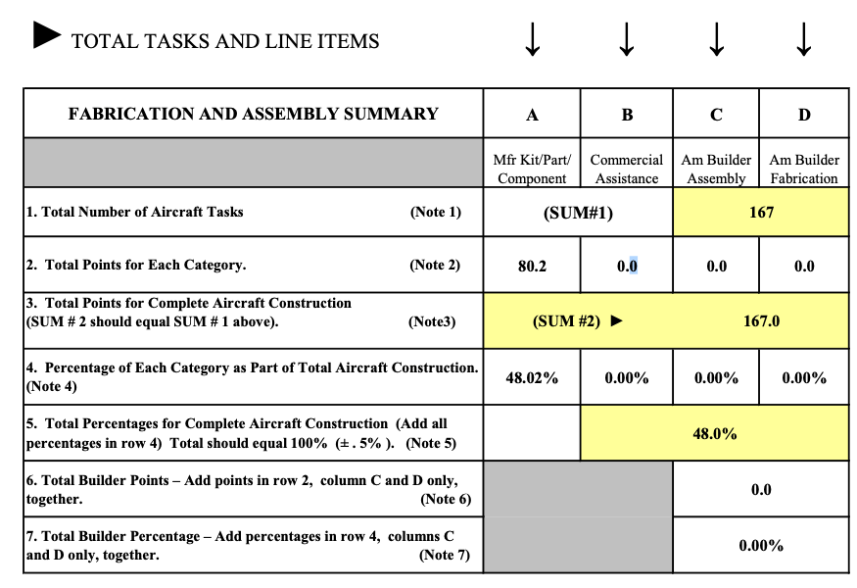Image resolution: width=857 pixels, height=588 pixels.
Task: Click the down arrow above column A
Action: click(x=532, y=38)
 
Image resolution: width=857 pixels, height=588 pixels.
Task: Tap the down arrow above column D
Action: click(x=803, y=38)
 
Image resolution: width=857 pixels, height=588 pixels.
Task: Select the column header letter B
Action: click(x=627, y=115)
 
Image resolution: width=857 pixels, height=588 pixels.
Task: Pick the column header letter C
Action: click(x=716, y=115)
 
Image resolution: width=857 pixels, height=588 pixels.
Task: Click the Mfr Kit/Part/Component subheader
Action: click(x=532, y=169)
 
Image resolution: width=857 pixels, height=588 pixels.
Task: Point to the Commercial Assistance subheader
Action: click(x=627, y=169)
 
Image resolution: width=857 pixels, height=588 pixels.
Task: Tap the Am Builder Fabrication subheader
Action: click(x=803, y=169)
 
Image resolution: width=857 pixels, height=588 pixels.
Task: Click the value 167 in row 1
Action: click(x=761, y=212)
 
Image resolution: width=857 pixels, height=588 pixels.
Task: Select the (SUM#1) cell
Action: click(x=578, y=213)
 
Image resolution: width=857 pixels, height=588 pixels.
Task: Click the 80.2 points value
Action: click(x=532, y=266)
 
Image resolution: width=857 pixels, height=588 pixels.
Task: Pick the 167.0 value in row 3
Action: click(x=761, y=320)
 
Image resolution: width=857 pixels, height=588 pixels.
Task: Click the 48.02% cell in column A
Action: click(x=532, y=377)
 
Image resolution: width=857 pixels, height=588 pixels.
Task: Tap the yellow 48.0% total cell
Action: click(x=714, y=433)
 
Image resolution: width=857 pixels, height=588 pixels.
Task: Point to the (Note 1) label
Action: click(x=435, y=212)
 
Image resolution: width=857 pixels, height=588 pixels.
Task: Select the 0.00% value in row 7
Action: click(x=760, y=545)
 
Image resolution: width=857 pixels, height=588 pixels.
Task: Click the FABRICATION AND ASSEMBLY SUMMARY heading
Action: click(x=253, y=114)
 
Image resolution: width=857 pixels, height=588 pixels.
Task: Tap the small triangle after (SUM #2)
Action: click(x=616, y=320)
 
